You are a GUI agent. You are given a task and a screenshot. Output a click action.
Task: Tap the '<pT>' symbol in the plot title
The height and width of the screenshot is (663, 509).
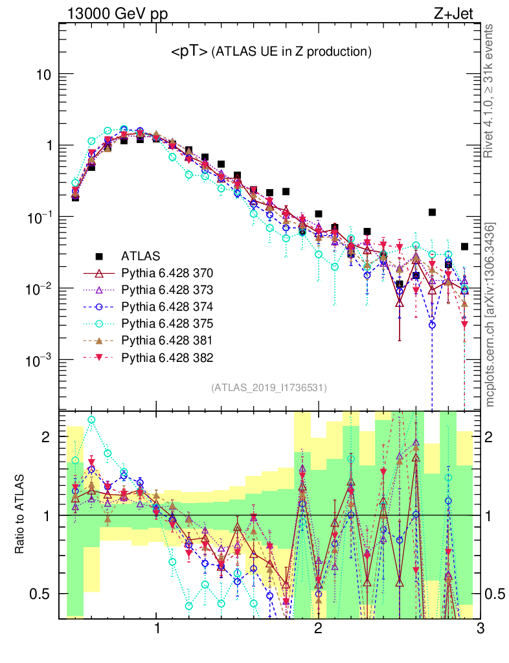[189, 52]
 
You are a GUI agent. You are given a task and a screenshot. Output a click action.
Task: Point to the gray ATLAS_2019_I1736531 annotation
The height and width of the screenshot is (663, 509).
[269, 388]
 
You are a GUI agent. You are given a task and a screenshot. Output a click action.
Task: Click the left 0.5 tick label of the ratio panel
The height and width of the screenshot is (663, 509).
[41, 594]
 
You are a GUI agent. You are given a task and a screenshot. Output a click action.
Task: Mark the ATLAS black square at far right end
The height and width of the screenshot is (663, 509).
[464, 247]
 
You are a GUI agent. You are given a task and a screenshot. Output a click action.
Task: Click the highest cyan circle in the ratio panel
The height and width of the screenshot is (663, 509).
[91, 420]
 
